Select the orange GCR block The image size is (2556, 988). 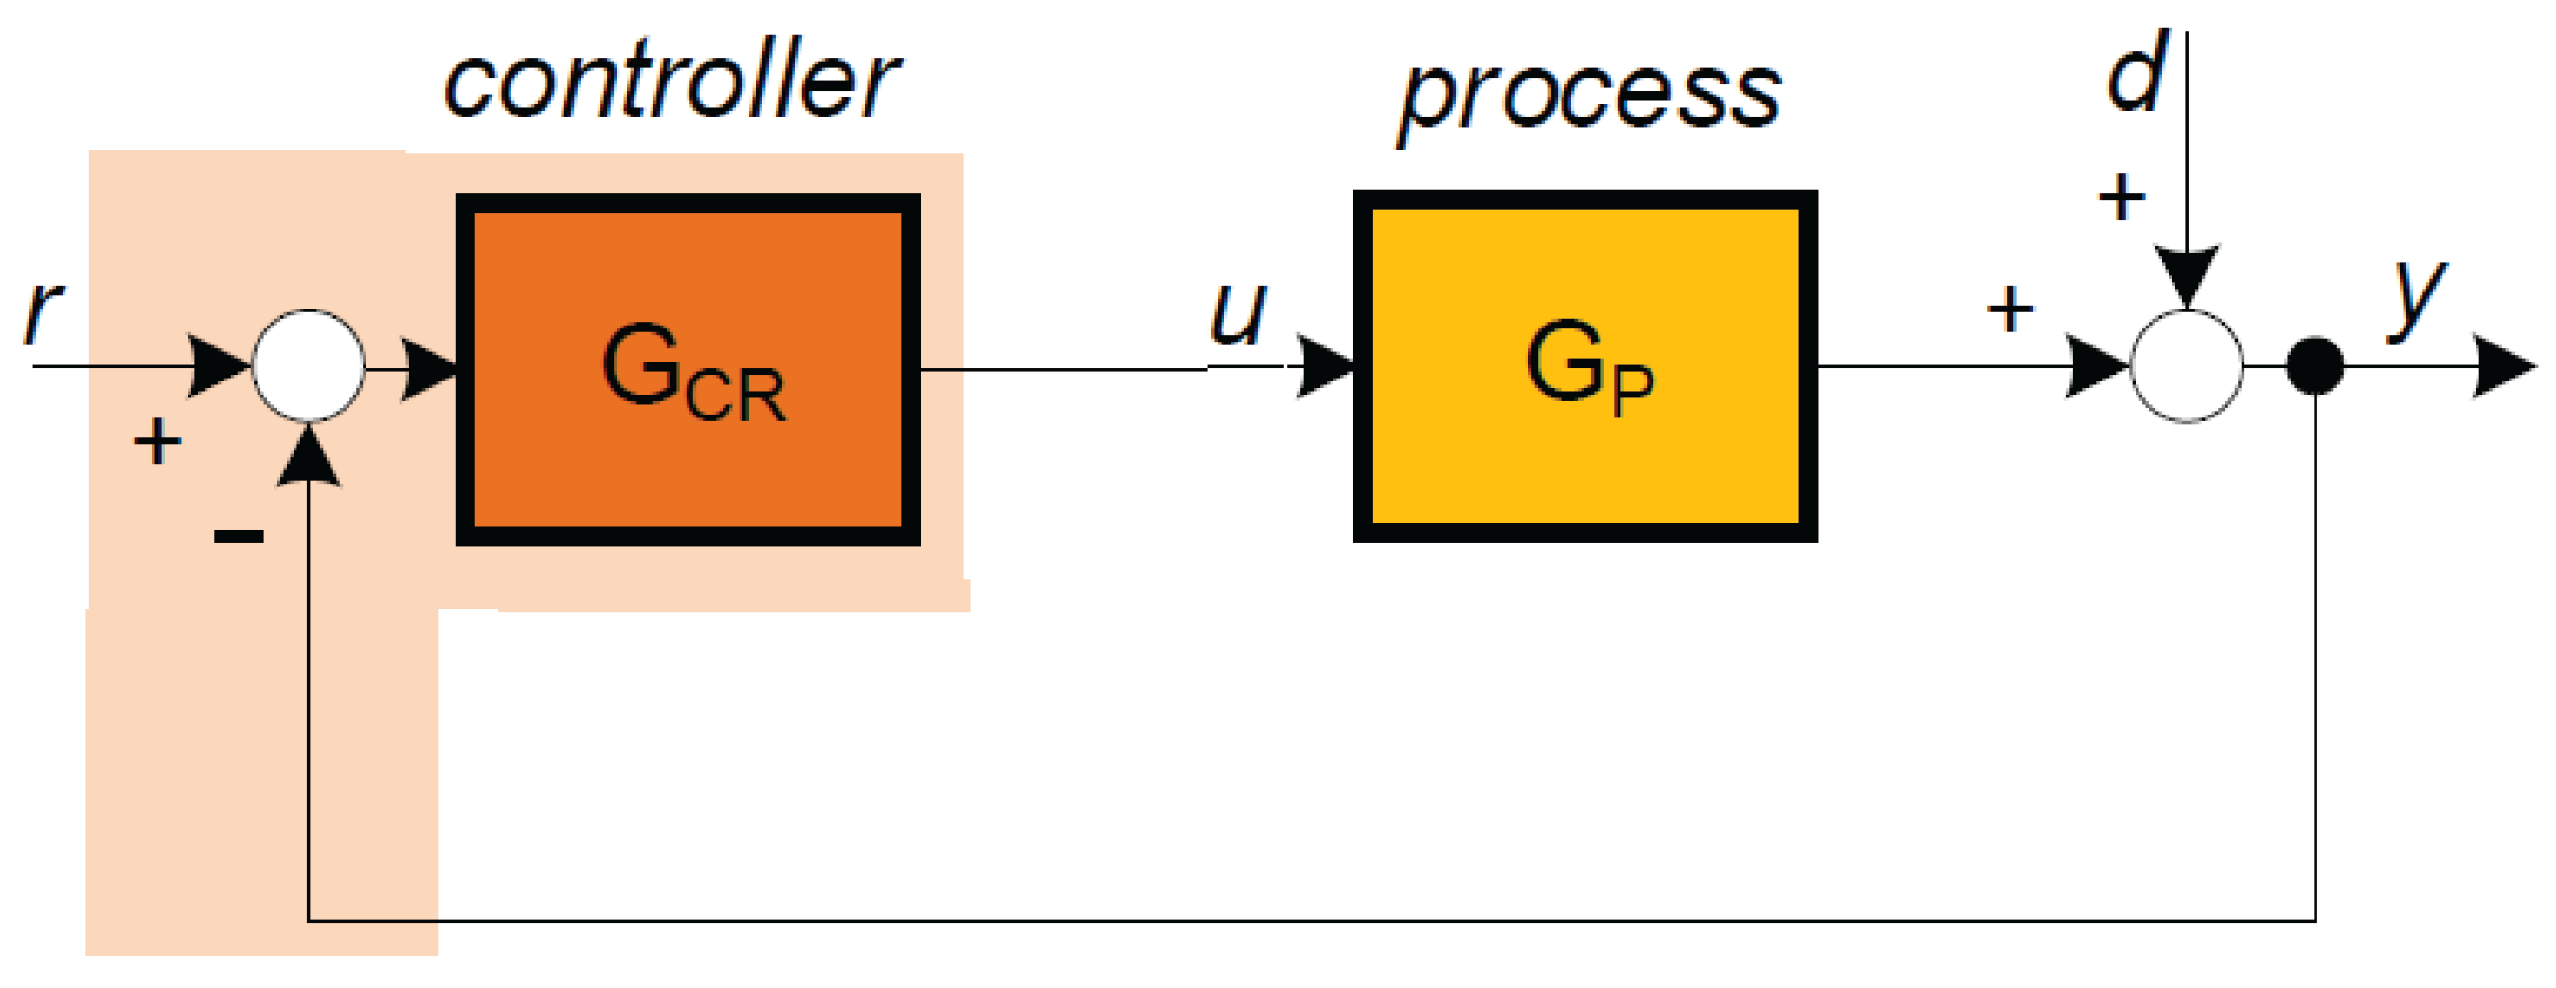[x=688, y=369]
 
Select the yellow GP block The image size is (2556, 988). [x=1584, y=366]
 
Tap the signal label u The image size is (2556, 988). [x=1238, y=312]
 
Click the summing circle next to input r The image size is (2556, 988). [x=309, y=366]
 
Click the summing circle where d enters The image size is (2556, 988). [x=2186, y=366]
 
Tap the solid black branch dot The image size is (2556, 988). [x=2315, y=366]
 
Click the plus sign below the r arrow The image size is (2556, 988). [x=157, y=441]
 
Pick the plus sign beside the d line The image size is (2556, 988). [x=2121, y=197]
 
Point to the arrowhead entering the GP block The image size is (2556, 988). [x=1326, y=366]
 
